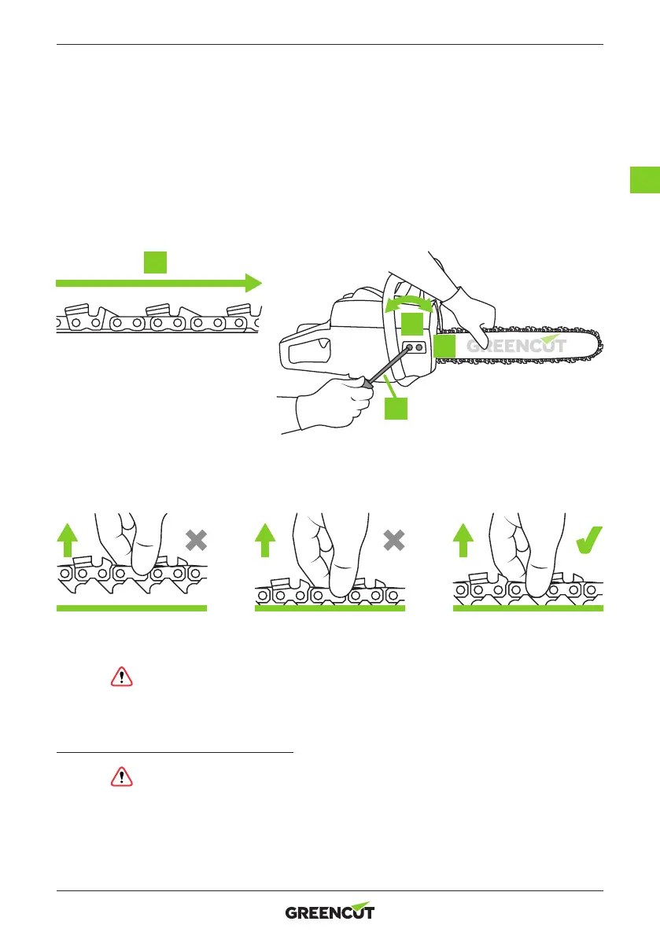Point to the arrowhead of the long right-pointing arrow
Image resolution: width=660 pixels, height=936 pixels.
pyautogui.click(x=253, y=283)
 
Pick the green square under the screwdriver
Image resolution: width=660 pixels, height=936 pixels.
pyautogui.click(x=396, y=408)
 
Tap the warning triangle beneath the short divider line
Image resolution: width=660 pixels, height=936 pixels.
pyautogui.click(x=122, y=776)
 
